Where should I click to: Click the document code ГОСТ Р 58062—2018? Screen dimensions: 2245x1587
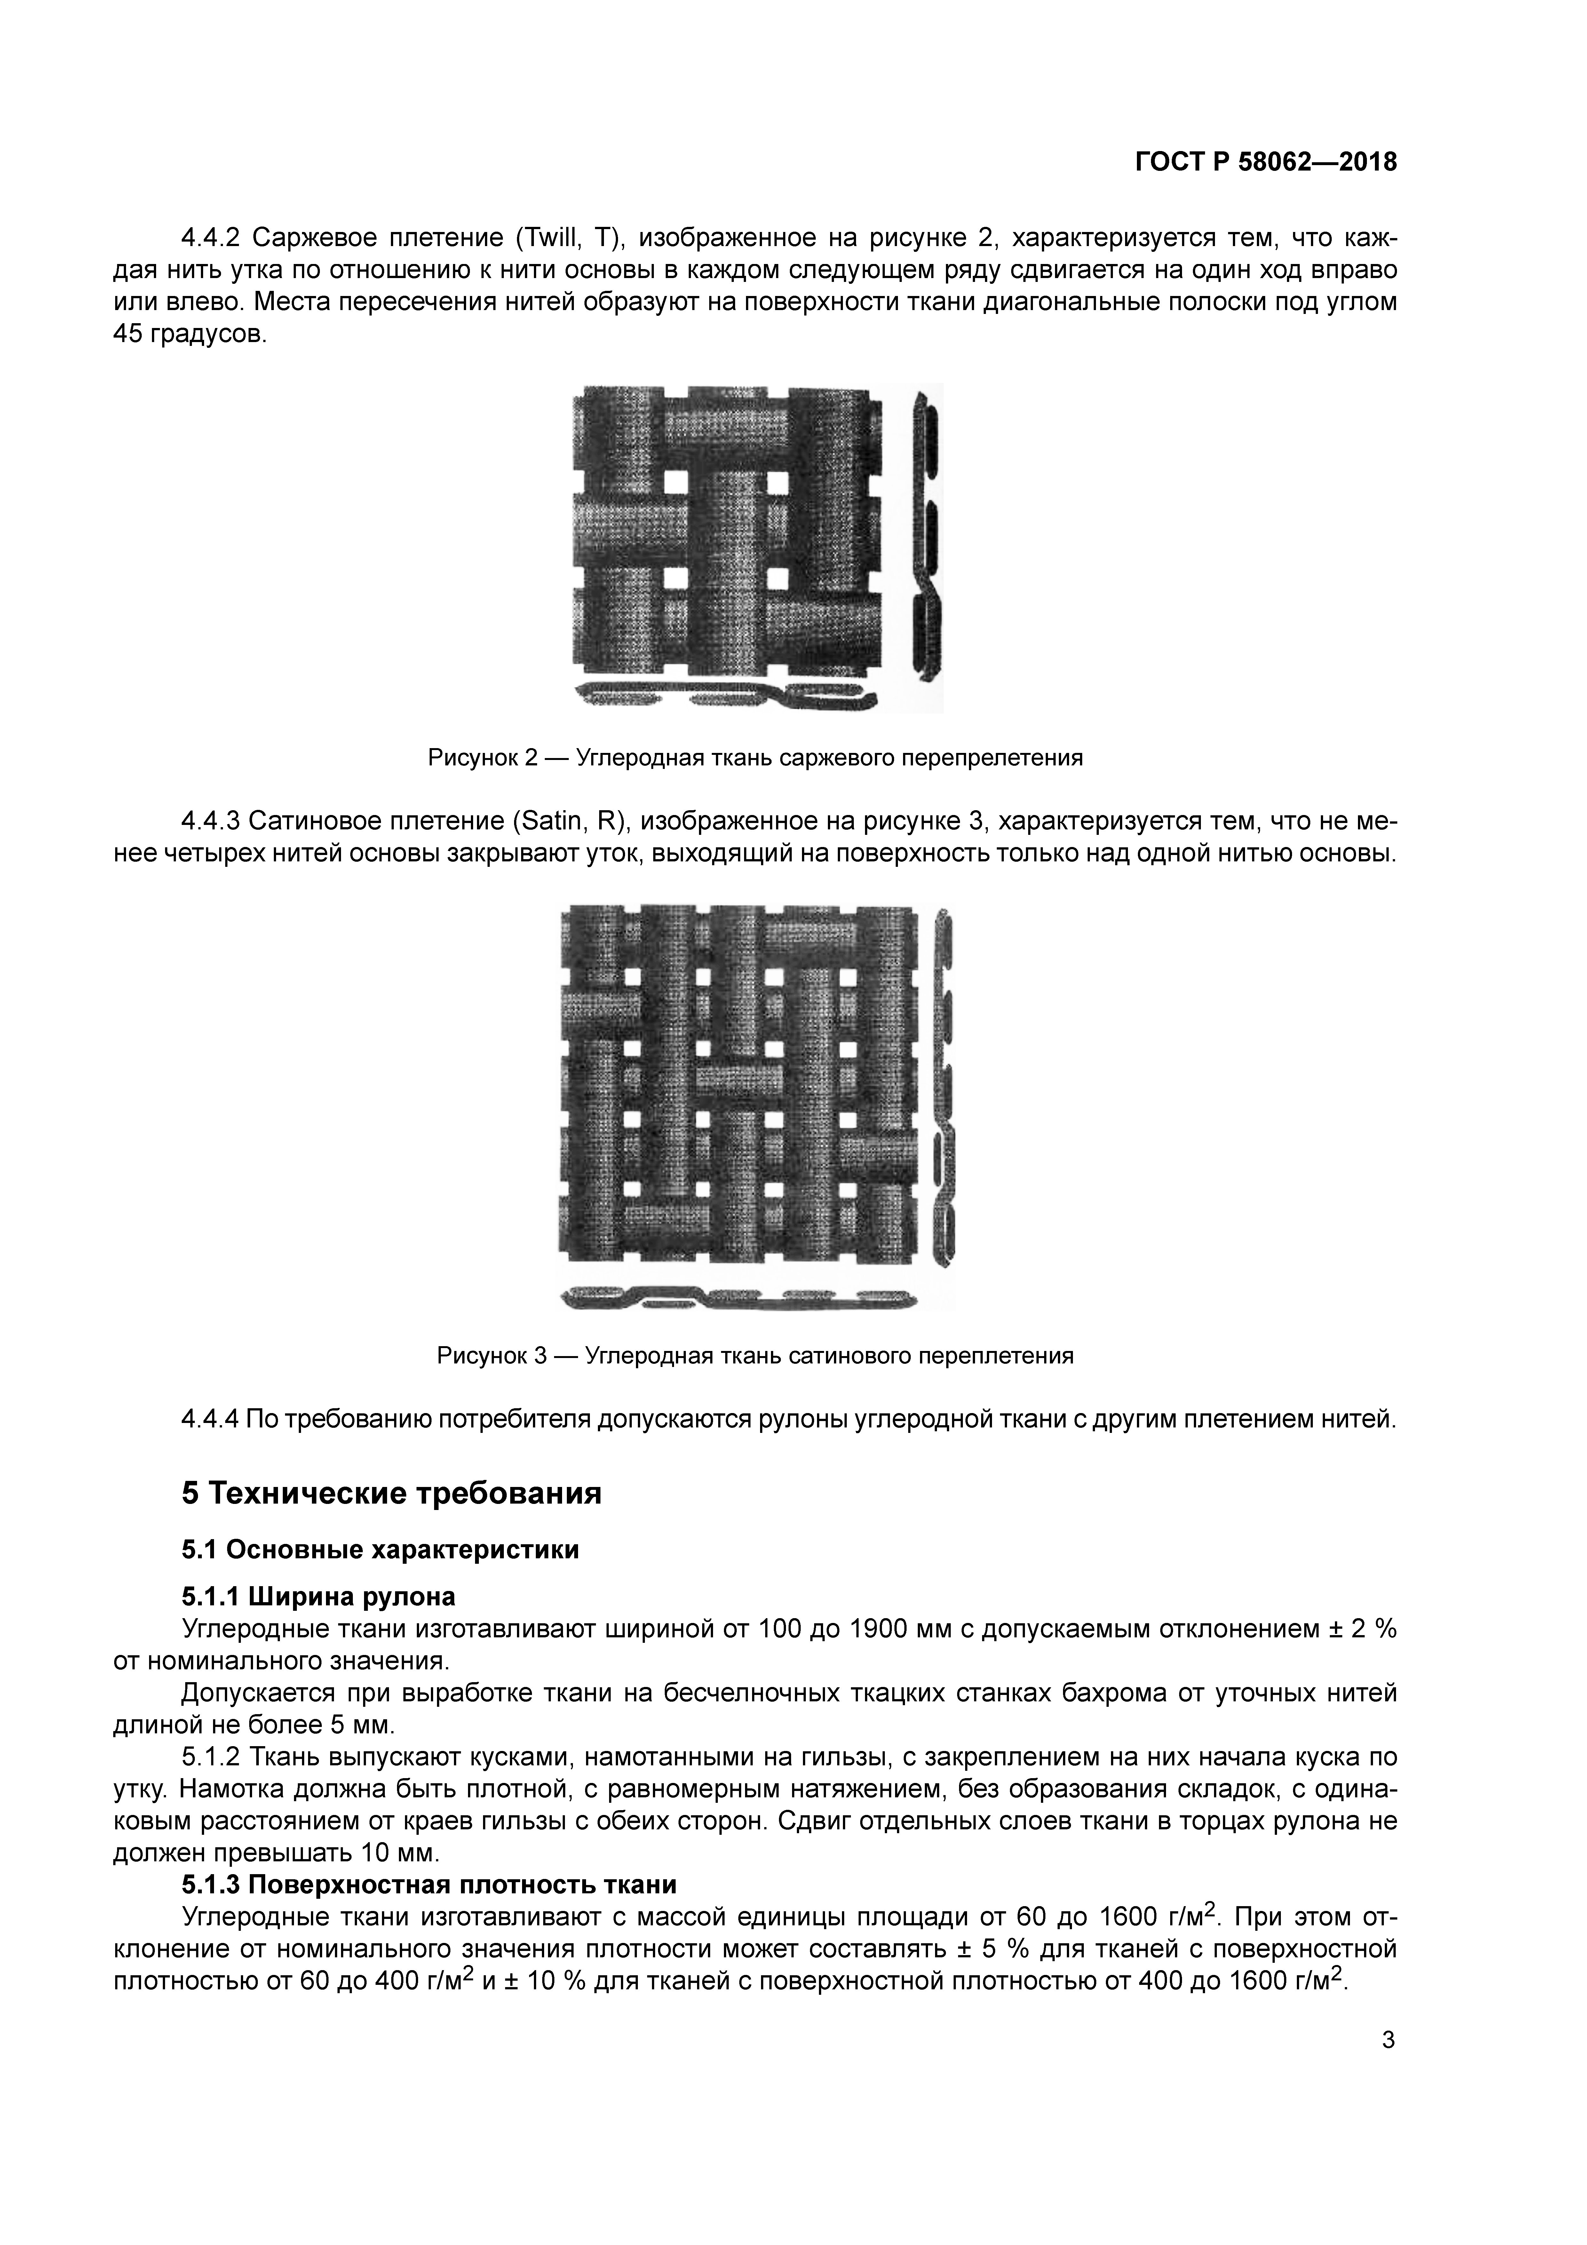(1265, 162)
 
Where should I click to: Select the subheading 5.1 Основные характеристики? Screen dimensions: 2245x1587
(380, 1550)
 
